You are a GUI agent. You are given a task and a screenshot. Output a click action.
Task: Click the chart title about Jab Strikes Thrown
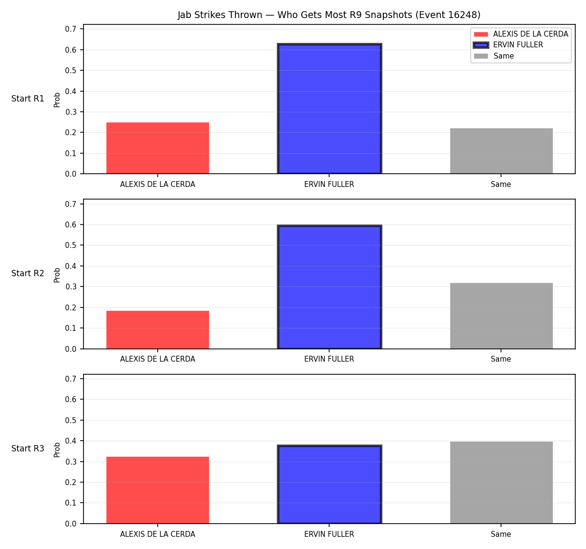tap(329, 15)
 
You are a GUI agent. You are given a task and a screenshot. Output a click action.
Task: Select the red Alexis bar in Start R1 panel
tap(158, 148)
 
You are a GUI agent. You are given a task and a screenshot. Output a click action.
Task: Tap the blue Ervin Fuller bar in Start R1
tap(329, 108)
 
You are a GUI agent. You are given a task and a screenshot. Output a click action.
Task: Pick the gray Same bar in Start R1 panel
tap(501, 151)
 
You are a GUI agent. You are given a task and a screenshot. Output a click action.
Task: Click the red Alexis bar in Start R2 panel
tap(158, 329)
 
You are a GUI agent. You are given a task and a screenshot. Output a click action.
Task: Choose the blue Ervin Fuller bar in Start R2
tap(329, 287)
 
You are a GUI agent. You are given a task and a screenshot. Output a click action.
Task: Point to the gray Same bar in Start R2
tap(501, 316)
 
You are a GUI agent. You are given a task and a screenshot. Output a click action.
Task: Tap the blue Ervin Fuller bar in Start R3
tap(329, 484)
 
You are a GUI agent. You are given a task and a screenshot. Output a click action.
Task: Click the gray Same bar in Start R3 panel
tap(501, 482)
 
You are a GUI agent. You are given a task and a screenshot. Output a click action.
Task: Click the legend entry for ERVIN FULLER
tap(507, 45)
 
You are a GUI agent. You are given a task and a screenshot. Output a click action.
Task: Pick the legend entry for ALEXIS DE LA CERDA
tap(521, 34)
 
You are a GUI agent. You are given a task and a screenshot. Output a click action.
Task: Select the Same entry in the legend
tap(494, 56)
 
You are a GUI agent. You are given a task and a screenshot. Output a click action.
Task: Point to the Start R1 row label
tap(28, 99)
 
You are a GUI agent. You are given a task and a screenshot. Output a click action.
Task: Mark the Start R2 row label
tap(28, 273)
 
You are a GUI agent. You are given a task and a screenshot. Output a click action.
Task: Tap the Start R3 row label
tap(28, 448)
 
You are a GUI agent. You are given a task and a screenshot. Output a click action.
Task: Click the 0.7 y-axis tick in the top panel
tap(70, 29)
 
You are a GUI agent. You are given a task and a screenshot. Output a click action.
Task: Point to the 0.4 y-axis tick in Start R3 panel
tap(70, 441)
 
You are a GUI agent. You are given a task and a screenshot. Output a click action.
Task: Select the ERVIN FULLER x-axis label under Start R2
tap(329, 359)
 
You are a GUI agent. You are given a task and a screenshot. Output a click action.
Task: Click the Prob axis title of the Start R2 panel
tap(57, 275)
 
